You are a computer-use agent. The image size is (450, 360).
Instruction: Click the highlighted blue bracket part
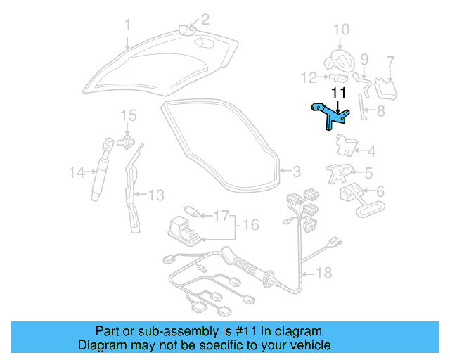[x=328, y=115]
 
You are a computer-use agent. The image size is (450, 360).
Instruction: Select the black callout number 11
[x=338, y=93]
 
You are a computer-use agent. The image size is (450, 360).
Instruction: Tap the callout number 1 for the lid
[x=127, y=26]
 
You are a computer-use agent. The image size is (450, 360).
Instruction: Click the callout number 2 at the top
[x=205, y=19]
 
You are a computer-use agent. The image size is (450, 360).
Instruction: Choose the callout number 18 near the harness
[x=323, y=272]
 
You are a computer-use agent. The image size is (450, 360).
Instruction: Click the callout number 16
[x=251, y=225]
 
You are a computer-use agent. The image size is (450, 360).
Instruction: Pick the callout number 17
[x=221, y=216]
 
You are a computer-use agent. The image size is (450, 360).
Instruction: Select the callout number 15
[x=127, y=115]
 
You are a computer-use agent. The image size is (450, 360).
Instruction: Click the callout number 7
[x=391, y=62]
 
